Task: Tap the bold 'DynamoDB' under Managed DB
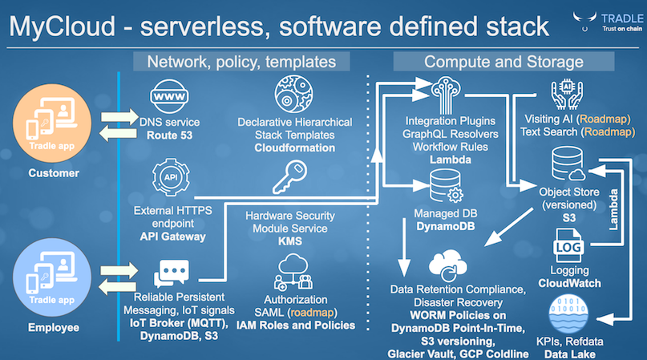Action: pos(444,228)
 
